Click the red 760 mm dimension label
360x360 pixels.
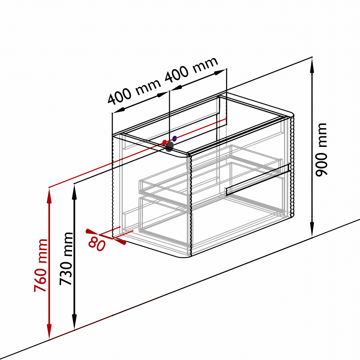coord(41,265)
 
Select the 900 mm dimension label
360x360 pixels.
coord(321,150)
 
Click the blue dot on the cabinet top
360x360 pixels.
coord(175,139)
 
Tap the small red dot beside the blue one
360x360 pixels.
coord(165,142)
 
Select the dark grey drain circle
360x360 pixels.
coord(170,147)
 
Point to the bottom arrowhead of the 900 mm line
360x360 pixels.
coord(312,229)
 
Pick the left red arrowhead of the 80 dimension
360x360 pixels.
coord(92,232)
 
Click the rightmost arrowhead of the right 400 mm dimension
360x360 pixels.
coord(220,72)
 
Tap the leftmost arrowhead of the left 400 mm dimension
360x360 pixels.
coord(119,110)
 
